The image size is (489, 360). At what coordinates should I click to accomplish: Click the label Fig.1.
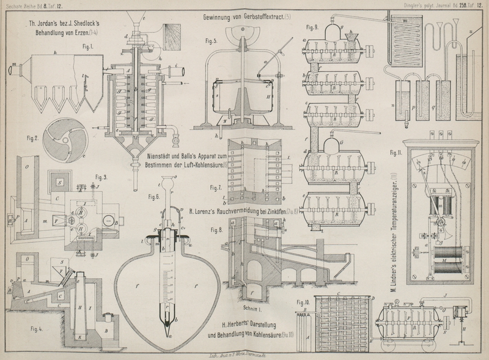point(76,46)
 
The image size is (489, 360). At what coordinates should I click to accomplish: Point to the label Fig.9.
point(312,28)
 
